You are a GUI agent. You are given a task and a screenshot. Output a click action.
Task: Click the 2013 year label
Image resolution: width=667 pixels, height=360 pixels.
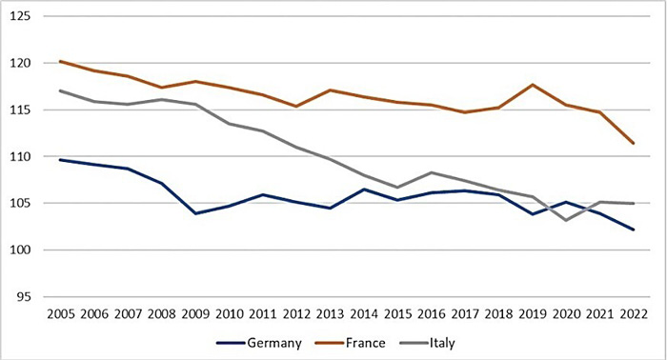click(332, 314)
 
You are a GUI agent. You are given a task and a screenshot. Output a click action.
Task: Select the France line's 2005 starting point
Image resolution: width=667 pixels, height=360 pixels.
click(60, 61)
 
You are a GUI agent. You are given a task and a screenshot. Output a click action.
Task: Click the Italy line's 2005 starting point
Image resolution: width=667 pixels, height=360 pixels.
click(60, 90)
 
